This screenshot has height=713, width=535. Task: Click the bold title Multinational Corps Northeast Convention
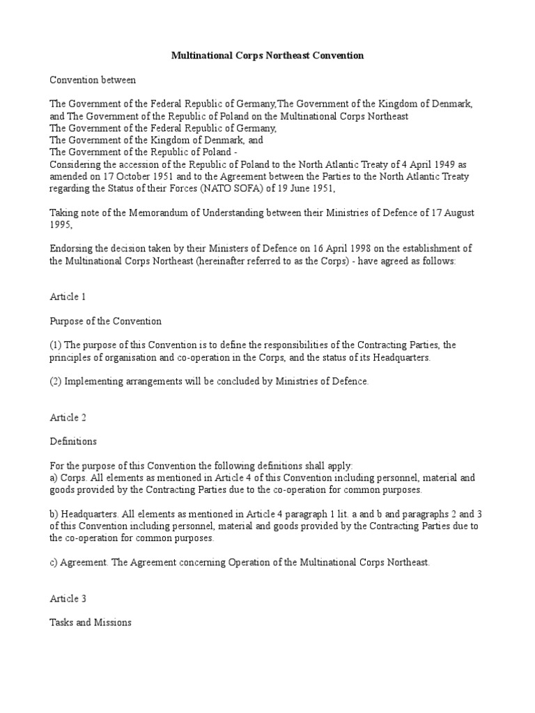(x=267, y=55)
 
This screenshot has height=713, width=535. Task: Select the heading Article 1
(x=68, y=297)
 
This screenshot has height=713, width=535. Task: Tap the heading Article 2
(x=68, y=417)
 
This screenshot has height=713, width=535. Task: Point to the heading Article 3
(x=68, y=598)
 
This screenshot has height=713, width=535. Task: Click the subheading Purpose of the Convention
(x=106, y=321)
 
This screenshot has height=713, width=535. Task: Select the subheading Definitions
(x=73, y=441)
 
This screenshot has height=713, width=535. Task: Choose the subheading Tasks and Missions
(x=91, y=622)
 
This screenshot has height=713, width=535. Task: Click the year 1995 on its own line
(x=61, y=225)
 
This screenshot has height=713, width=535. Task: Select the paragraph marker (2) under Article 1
(x=56, y=381)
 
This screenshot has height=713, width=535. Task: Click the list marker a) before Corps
(x=54, y=478)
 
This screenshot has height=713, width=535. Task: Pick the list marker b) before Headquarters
(x=54, y=514)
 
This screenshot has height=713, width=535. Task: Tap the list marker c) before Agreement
(x=54, y=562)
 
